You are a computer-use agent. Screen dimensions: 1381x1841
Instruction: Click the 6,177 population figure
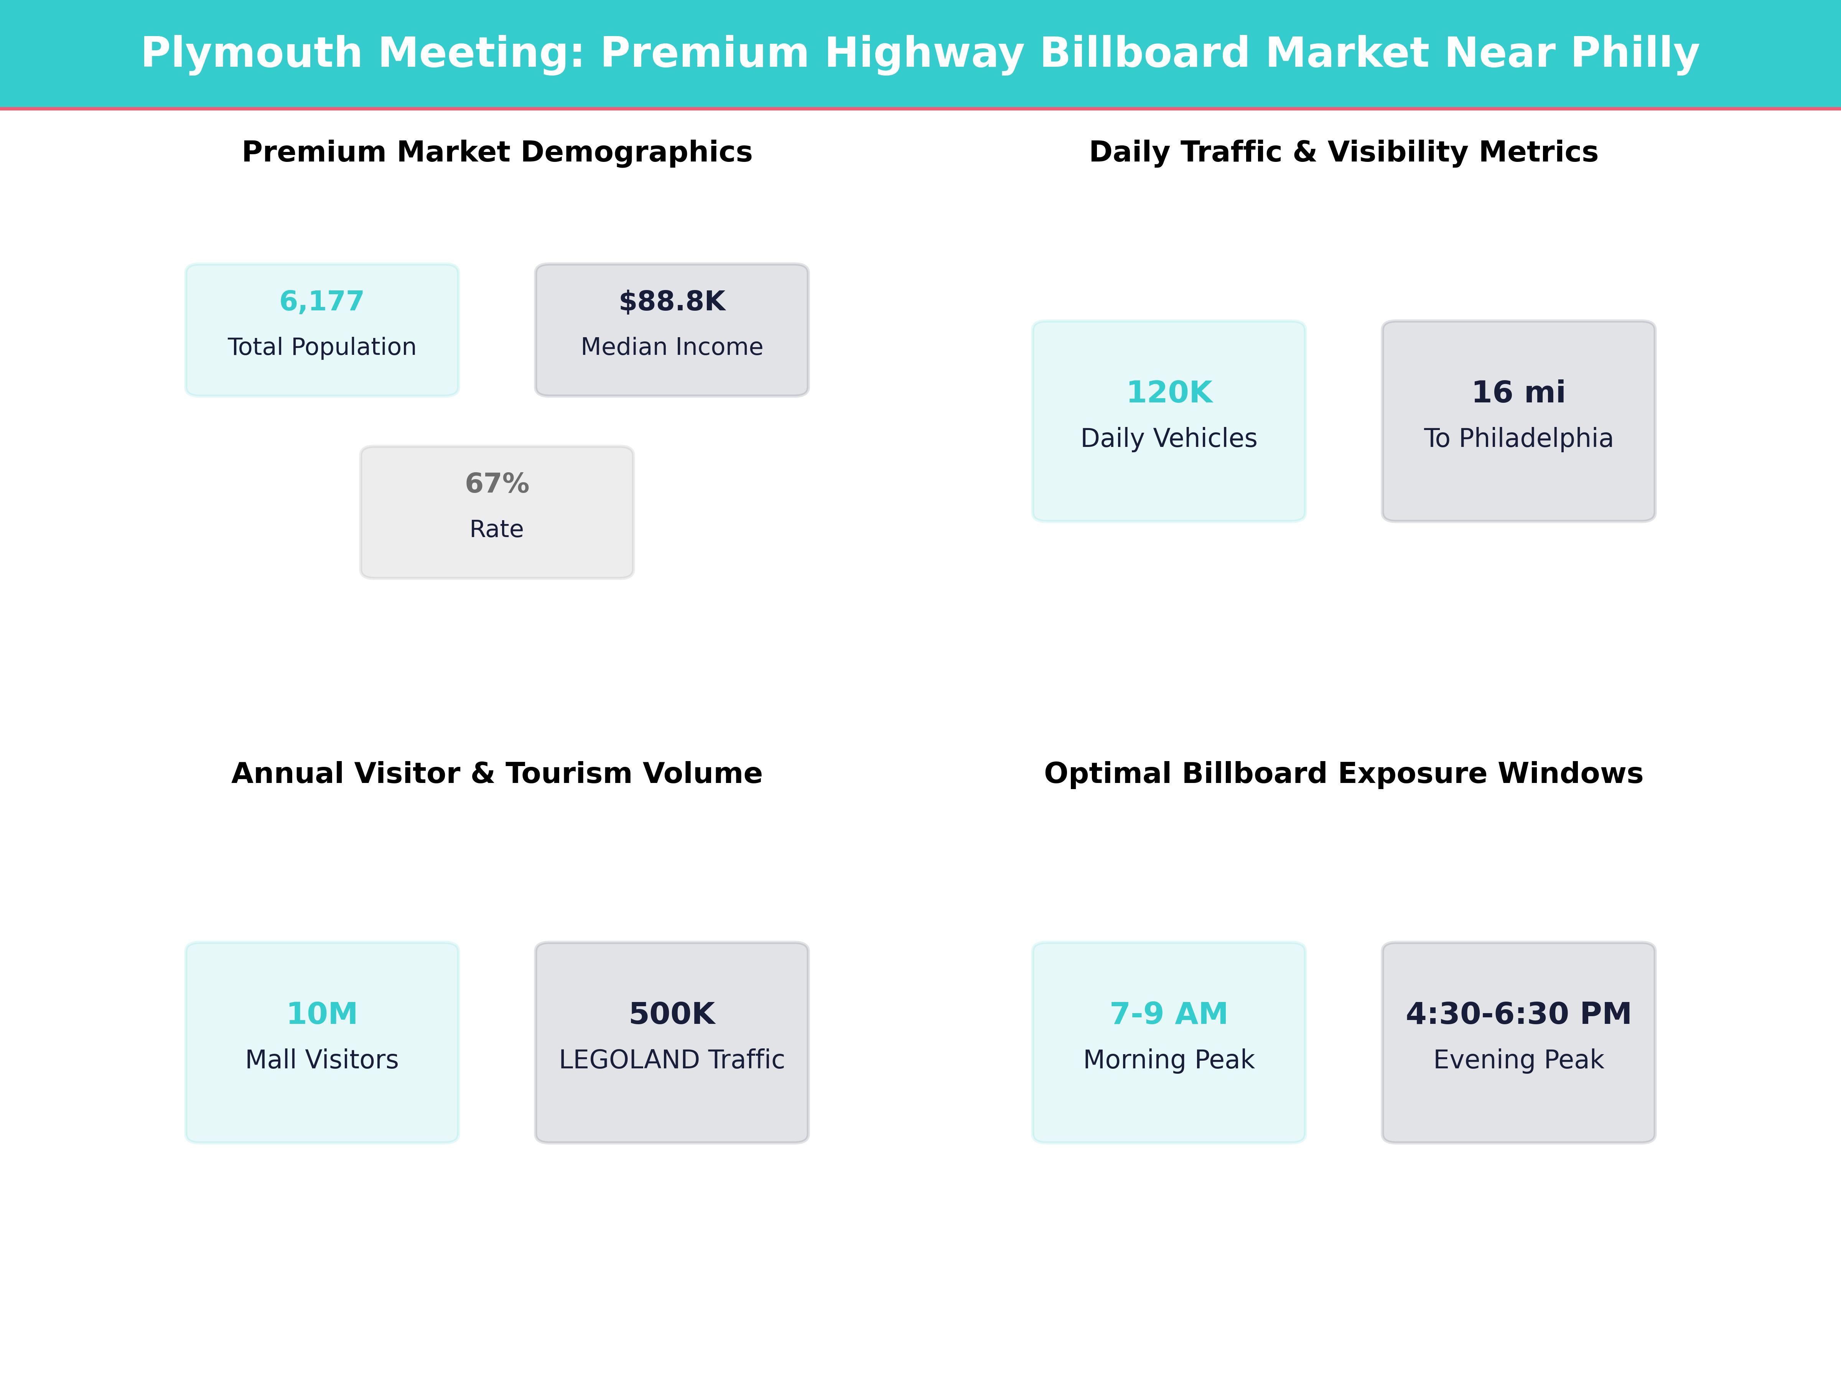click(x=321, y=302)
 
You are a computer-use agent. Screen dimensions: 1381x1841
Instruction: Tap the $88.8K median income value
click(x=672, y=302)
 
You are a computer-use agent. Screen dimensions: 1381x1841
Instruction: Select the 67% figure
click(x=497, y=484)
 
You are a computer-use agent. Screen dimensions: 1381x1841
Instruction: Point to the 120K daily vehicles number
click(x=1169, y=392)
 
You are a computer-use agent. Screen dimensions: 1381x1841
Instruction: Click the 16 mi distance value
click(x=1518, y=392)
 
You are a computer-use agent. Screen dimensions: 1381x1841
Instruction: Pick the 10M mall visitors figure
click(x=321, y=1014)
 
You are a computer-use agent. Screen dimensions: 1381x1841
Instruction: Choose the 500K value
click(x=672, y=1014)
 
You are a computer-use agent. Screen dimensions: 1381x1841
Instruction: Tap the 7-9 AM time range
click(x=1169, y=1014)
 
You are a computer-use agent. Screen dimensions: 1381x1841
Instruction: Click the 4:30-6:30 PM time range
click(x=1518, y=1014)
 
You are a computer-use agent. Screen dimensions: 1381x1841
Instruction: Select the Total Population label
click(x=321, y=347)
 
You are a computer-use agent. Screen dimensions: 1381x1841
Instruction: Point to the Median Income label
click(x=672, y=347)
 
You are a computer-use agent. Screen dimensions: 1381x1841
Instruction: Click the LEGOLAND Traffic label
click(x=672, y=1060)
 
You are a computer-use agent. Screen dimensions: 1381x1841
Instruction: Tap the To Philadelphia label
click(x=1518, y=439)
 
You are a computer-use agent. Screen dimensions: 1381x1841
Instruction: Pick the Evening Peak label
click(x=1518, y=1060)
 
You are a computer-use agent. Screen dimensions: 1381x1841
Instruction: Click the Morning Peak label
click(x=1169, y=1060)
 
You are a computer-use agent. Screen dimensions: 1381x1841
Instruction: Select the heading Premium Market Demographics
click(x=497, y=152)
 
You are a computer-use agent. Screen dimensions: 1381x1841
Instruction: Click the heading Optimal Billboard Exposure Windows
click(x=1343, y=773)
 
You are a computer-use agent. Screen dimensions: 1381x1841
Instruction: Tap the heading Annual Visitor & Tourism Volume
click(x=497, y=773)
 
